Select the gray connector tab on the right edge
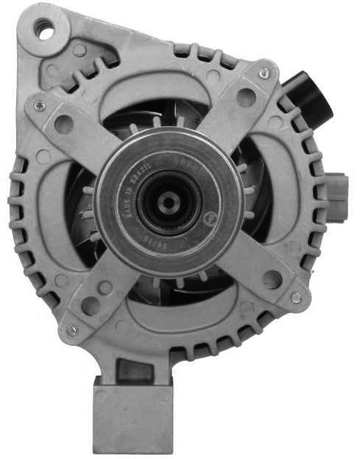point(336,189)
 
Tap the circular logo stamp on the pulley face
point(210,218)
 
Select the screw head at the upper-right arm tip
point(264,73)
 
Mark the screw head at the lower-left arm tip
point(72,330)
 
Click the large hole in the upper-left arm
point(64,125)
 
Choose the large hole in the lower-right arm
point(271,279)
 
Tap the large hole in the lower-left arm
point(91,305)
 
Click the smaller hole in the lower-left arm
point(106,286)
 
